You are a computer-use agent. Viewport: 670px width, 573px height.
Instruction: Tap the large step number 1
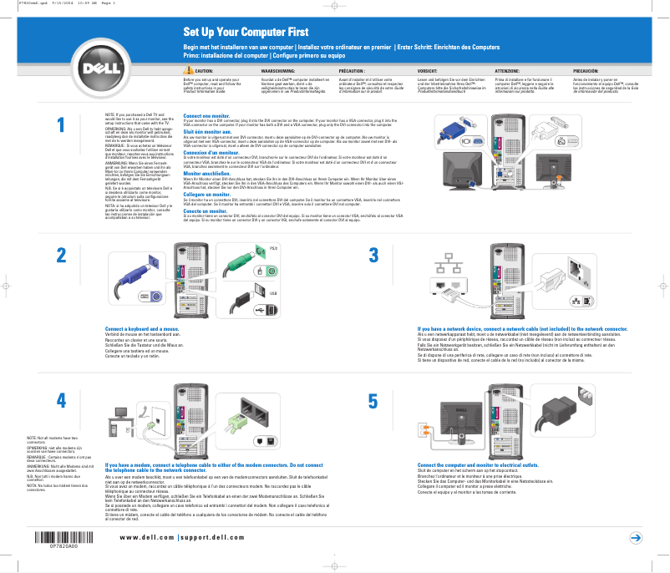[x=61, y=124]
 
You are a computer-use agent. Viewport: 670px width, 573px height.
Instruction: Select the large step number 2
[x=61, y=256]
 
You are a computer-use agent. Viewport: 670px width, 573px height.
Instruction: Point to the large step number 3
[x=373, y=256]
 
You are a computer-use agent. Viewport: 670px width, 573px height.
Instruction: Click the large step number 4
[x=61, y=400]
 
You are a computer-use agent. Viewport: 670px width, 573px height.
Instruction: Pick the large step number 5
[x=373, y=400]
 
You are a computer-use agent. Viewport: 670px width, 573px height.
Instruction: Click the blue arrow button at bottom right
[x=636, y=538]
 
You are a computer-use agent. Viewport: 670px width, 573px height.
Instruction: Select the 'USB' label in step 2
[x=272, y=294]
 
